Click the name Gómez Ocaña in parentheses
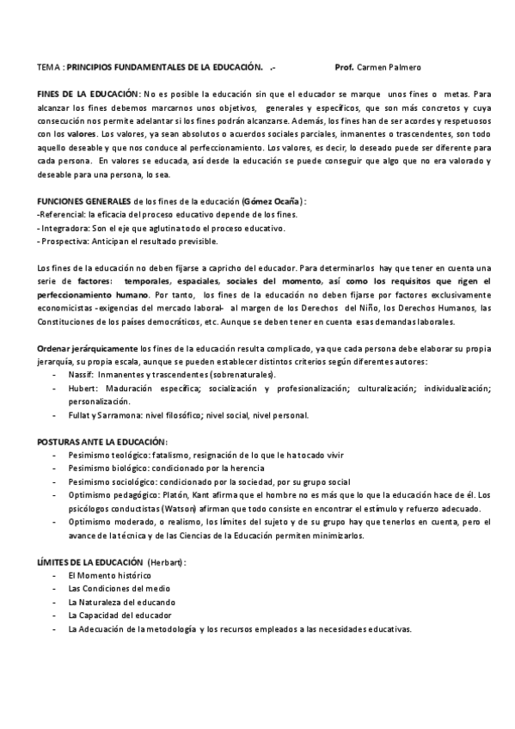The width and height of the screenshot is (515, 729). click(x=273, y=201)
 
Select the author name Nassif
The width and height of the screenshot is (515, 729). click(x=81, y=375)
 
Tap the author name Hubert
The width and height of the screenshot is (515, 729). click(x=82, y=389)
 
